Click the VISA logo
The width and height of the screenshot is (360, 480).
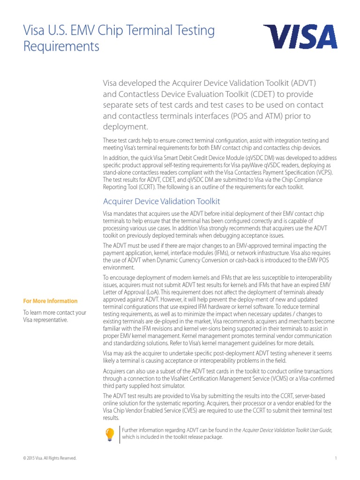coord(300,37)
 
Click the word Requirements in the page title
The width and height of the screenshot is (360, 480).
coord(61,47)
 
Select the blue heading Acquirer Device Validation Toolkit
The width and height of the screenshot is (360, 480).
coord(161,202)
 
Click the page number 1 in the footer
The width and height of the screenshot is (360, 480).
coord(336,458)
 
